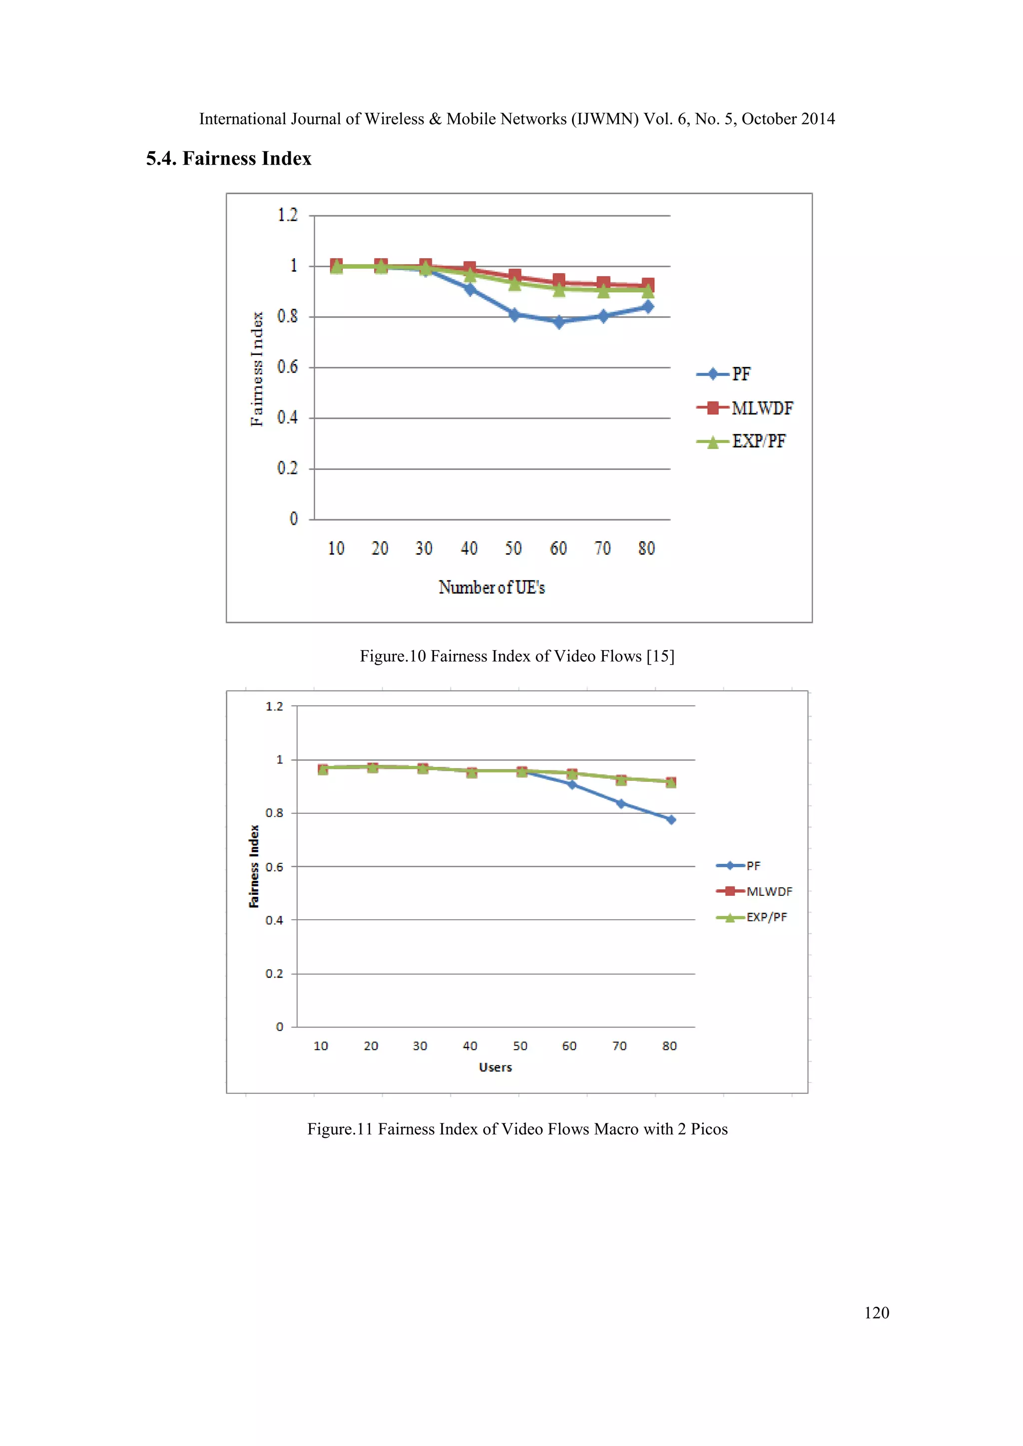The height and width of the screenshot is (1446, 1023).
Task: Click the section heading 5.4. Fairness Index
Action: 229,158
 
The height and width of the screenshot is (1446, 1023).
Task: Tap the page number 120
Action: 876,1313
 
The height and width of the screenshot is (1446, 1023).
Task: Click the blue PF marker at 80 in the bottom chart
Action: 671,819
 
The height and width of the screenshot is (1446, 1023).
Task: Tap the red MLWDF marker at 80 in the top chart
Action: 647,285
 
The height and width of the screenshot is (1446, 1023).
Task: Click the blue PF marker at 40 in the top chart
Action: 470,289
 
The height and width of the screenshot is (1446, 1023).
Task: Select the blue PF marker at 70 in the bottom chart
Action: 620,803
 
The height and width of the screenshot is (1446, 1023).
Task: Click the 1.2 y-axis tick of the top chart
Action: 287,215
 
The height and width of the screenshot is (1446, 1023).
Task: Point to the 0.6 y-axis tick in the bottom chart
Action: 274,867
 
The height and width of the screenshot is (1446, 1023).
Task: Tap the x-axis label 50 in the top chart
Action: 513,549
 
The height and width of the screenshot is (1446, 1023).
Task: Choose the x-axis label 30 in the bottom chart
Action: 420,1046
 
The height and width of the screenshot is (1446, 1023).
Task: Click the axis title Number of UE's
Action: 492,588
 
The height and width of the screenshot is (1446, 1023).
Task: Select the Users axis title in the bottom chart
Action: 495,1068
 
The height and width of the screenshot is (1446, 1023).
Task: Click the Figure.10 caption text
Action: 516,656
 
